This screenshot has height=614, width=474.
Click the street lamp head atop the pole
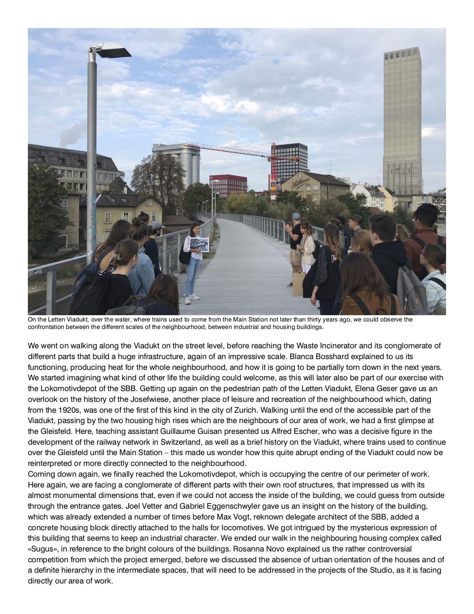click(112, 51)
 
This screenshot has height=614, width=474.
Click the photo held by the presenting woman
click(199, 244)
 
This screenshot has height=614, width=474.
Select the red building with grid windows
click(228, 185)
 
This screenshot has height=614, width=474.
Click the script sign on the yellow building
click(300, 183)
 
